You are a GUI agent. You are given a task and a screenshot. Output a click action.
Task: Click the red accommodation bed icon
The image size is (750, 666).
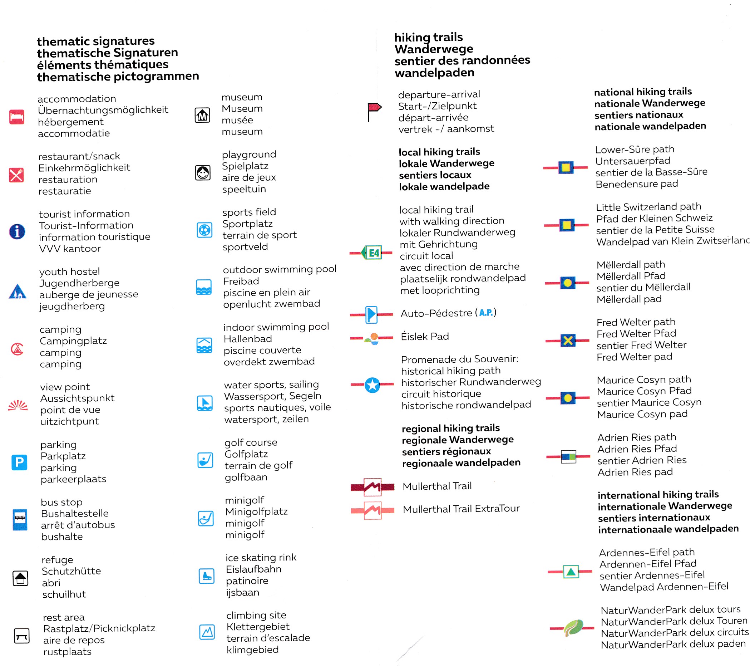[17, 117]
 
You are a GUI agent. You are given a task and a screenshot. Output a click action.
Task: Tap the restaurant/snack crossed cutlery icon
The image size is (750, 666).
[16, 175]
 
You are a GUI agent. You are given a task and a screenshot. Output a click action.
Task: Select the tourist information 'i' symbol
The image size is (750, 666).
[17, 232]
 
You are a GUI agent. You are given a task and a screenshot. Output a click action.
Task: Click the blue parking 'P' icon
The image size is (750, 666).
[19, 462]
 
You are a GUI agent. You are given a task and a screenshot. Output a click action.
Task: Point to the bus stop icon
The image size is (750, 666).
[20, 519]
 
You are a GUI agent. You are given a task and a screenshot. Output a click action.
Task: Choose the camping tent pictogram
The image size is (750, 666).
[17, 349]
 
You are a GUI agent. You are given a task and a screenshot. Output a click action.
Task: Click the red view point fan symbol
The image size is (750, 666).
[18, 405]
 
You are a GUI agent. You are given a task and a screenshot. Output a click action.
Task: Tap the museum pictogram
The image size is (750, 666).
[202, 115]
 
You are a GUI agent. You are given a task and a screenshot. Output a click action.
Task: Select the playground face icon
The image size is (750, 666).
[203, 172]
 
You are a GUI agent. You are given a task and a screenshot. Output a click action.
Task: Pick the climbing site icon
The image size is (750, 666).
[207, 632]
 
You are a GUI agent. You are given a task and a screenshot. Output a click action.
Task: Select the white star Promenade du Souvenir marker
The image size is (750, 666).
[372, 385]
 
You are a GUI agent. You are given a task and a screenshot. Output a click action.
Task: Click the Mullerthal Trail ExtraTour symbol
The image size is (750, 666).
[372, 510]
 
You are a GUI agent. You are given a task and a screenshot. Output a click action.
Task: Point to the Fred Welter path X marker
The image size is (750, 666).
[568, 341]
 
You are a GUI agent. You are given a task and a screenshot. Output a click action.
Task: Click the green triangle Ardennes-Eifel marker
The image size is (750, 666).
[571, 572]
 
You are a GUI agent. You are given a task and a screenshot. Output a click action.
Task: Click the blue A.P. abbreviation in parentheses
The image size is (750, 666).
[486, 313]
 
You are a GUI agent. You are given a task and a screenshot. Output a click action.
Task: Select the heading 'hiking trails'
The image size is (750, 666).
[429, 37]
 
